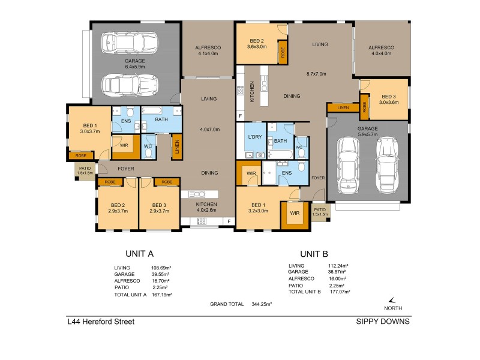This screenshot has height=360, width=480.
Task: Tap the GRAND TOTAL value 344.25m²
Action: coord(262,304)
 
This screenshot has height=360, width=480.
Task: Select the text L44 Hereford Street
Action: coord(101,322)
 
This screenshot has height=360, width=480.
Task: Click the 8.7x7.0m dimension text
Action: coord(316,74)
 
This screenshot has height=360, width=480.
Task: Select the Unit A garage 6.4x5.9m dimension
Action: coord(136,67)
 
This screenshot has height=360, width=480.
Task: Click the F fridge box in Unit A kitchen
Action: coord(229,221)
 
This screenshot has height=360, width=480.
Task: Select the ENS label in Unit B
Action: coord(286,174)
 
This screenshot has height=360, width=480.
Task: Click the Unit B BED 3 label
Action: coord(388,97)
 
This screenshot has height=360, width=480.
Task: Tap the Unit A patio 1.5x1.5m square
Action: coord(84,170)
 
